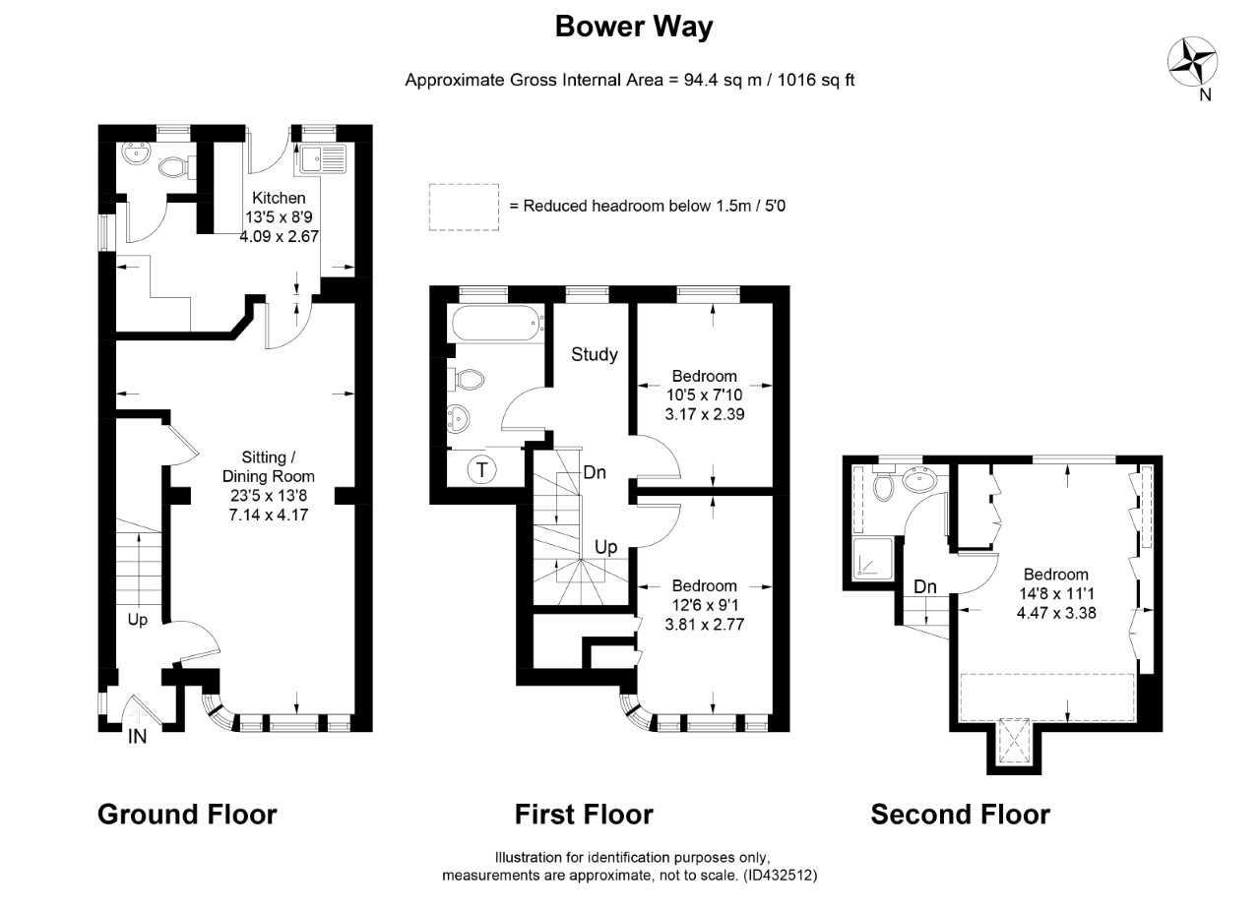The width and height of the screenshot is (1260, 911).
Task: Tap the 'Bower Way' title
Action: (x=634, y=27)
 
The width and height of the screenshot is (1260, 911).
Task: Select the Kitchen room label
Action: (x=279, y=198)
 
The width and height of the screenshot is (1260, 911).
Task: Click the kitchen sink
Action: (x=324, y=158)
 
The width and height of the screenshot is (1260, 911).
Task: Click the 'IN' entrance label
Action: (x=138, y=736)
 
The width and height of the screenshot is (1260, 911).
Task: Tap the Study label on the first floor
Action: (x=594, y=354)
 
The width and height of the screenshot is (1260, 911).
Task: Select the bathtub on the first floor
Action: (x=496, y=324)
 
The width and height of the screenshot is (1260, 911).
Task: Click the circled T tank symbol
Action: (x=482, y=469)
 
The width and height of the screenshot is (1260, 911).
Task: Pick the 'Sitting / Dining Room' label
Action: (x=269, y=466)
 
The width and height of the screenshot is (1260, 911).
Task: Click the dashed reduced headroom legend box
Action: (x=464, y=207)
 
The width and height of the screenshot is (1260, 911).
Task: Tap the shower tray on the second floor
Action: (x=872, y=559)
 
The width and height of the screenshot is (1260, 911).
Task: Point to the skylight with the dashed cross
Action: (x=1014, y=741)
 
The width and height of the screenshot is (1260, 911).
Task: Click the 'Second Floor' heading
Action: (x=960, y=815)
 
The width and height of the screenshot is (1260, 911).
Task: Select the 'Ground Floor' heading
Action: (x=187, y=815)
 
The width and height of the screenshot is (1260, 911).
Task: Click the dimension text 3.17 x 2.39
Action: (x=704, y=414)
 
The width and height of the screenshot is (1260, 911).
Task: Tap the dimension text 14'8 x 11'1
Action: (x=1056, y=594)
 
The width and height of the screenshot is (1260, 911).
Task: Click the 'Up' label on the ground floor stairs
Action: (x=137, y=620)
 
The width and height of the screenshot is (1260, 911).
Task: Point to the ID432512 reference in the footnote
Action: (x=780, y=876)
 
